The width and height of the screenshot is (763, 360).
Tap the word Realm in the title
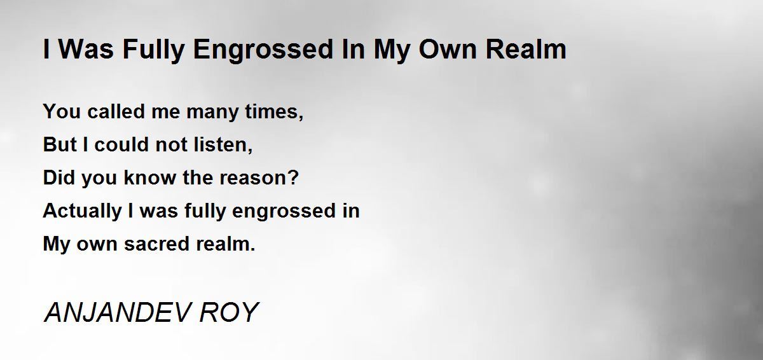(526, 50)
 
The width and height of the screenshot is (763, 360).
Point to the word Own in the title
(448, 50)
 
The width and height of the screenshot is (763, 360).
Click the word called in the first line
(116, 111)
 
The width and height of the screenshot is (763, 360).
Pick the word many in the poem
(212, 113)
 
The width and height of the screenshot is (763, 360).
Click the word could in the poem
(121, 144)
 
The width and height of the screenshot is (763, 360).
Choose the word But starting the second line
(60, 144)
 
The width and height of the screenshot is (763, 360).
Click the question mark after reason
(292, 177)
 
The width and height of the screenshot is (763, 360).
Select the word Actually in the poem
(82, 211)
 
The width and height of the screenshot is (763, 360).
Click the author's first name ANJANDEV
(117, 312)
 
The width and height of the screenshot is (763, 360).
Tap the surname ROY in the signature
(229, 312)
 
